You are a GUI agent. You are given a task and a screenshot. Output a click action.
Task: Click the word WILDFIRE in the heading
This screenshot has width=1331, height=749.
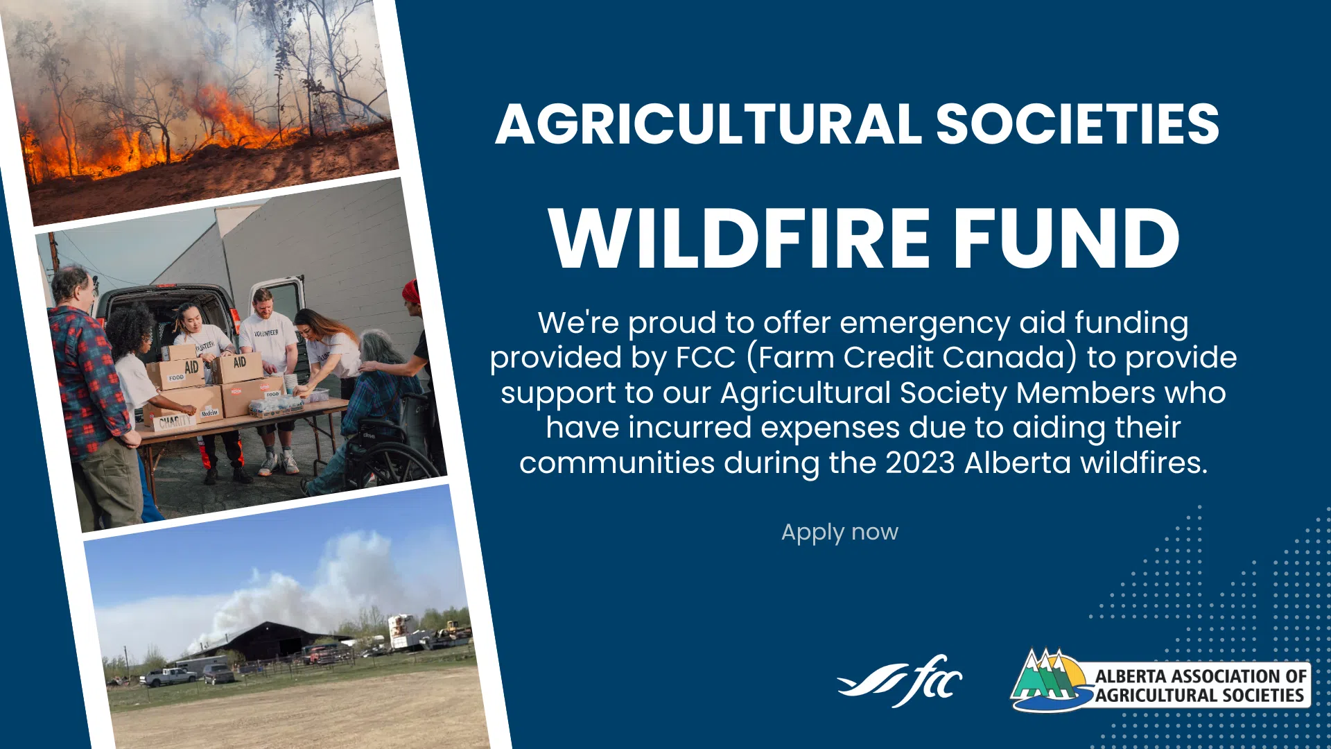(739, 238)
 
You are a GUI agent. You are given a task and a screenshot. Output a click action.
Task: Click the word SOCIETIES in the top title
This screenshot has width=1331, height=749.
(1078, 124)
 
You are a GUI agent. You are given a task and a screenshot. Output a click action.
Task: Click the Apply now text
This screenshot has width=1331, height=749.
(840, 533)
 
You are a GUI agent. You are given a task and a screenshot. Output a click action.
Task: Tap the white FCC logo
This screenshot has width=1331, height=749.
(900, 681)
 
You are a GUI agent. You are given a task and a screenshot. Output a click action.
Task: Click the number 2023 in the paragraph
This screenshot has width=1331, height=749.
(920, 463)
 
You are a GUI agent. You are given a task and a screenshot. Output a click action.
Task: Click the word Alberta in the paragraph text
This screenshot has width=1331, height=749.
(1018, 463)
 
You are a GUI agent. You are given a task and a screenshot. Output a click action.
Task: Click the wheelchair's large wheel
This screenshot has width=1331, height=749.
(395, 460)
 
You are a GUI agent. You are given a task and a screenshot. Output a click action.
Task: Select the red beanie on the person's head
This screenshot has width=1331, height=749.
(411, 291)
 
